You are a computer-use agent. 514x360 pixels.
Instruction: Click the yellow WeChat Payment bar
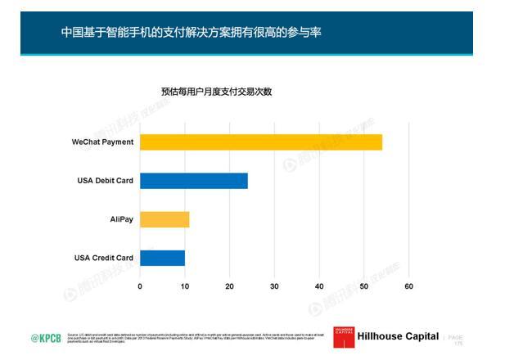point(260,142)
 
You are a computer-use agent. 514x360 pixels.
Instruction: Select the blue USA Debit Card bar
point(193,181)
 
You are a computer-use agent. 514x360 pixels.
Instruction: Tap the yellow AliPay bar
point(165,219)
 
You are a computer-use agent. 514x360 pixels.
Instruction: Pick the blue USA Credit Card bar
point(162,258)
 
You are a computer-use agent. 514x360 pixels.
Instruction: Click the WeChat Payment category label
point(102,142)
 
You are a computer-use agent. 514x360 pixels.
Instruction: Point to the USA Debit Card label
point(105,181)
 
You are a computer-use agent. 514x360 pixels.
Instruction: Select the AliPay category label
point(121,219)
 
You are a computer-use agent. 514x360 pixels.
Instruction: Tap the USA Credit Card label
point(104,259)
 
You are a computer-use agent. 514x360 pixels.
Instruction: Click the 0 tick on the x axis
point(140,286)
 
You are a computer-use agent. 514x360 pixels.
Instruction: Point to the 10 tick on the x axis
point(185,286)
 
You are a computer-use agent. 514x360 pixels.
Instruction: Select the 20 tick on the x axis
point(229,286)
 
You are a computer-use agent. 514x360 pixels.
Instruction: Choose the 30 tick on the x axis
point(274,286)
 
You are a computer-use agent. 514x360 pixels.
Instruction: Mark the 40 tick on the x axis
point(319,286)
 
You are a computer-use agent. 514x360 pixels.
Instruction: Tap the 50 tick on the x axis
point(363,286)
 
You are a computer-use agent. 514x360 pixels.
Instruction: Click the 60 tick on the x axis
point(408,286)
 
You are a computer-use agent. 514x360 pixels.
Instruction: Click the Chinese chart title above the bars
point(216,92)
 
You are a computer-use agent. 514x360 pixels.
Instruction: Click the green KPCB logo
point(46,338)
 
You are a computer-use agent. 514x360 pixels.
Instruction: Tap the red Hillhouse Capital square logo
point(343,336)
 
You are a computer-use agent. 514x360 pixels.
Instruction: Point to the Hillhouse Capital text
point(398,337)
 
